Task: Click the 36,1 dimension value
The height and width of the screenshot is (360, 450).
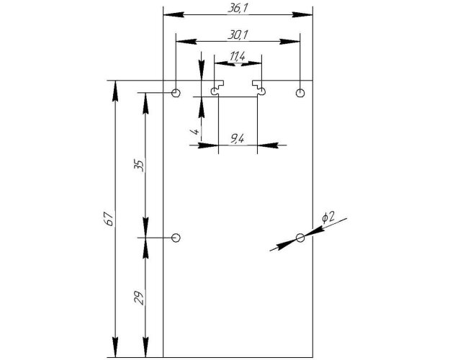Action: pyautogui.click(x=238, y=9)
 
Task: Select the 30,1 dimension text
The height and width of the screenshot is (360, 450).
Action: pyautogui.click(x=238, y=35)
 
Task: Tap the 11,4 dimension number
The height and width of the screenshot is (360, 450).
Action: pyautogui.click(x=238, y=57)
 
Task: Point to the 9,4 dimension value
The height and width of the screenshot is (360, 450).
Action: pyautogui.click(x=238, y=139)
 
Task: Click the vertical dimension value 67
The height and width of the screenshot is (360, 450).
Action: pyautogui.click(x=110, y=219)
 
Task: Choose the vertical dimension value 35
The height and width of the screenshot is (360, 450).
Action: pyautogui.click(x=140, y=166)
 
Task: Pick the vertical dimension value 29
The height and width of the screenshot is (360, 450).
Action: pyautogui.click(x=140, y=297)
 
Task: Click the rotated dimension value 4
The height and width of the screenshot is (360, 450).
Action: pyautogui.click(x=195, y=132)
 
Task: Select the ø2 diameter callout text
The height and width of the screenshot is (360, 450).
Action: pyautogui.click(x=328, y=217)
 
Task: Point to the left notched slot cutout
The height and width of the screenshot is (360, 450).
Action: pyautogui.click(x=217, y=88)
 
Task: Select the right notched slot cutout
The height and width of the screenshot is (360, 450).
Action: pyautogui.click(x=259, y=88)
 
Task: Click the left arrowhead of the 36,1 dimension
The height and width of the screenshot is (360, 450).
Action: pyautogui.click(x=174, y=14)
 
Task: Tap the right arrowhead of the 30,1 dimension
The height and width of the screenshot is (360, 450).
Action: pyautogui.click(x=290, y=42)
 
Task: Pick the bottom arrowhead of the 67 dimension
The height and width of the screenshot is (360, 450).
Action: pyautogui.click(x=115, y=347)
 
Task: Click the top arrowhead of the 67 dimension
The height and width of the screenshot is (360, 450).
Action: pyautogui.click(x=115, y=91)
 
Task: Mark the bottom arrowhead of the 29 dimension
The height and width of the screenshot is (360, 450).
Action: pyautogui.click(x=145, y=347)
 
